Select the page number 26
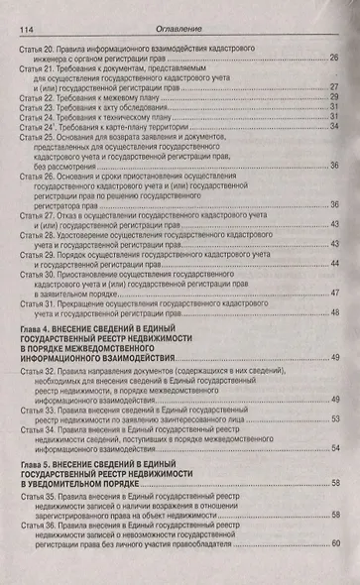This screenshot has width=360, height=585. point(334,58)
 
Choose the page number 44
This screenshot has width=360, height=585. point(335,263)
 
